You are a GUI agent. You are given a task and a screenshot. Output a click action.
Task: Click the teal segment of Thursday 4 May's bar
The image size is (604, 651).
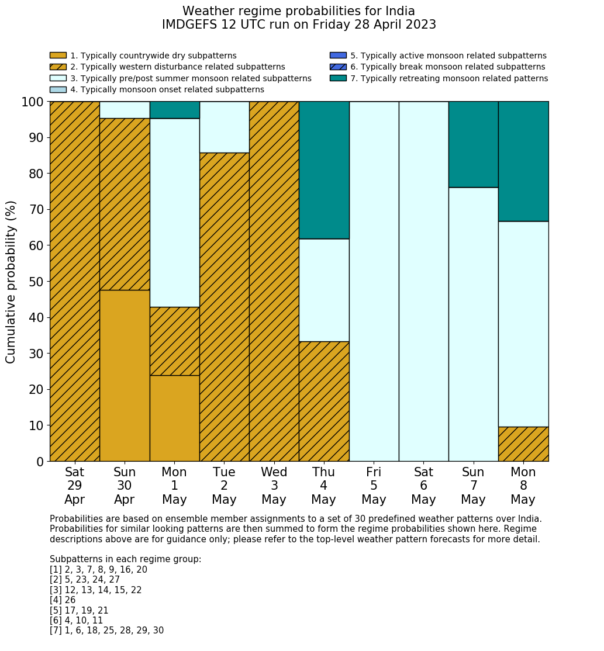click(324, 170)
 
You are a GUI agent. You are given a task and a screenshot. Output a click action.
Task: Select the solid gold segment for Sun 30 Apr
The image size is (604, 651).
click(125, 375)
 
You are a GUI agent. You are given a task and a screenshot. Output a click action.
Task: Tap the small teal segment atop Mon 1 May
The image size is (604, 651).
click(174, 110)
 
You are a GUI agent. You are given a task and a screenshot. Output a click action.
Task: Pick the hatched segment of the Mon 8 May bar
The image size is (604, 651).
click(523, 444)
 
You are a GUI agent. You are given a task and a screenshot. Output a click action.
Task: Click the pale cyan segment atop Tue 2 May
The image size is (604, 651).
click(224, 127)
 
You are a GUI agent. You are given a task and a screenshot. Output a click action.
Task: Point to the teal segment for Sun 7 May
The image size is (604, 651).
click(473, 144)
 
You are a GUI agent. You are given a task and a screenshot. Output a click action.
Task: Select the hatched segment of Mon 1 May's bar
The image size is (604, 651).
click(174, 341)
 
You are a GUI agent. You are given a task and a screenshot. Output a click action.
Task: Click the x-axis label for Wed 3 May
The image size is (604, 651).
click(274, 486)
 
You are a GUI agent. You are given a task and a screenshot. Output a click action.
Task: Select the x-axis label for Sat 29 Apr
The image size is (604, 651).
click(74, 486)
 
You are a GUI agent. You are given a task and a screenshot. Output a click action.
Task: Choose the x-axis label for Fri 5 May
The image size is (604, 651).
click(374, 486)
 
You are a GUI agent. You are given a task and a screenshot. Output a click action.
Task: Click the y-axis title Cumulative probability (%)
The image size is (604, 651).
click(11, 282)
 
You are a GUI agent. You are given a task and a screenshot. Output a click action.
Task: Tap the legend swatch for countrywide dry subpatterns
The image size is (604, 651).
click(58, 56)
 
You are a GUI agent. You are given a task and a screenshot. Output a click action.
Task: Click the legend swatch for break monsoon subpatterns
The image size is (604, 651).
click(338, 67)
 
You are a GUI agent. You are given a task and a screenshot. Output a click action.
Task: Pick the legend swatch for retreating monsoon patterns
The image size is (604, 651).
click(338, 78)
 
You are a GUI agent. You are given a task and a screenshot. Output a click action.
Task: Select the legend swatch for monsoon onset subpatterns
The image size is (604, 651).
click(58, 89)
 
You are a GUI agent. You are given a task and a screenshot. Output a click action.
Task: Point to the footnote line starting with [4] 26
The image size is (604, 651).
click(63, 600)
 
